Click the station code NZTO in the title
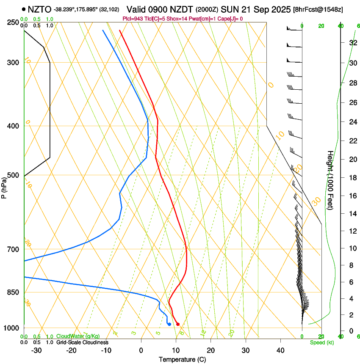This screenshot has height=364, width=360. coord(40,9)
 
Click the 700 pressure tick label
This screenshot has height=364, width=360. coord(13,249)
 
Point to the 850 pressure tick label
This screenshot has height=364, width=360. coord(13,292)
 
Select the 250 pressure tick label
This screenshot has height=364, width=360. coord(13,22)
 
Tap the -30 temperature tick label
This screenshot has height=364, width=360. coord(36,350)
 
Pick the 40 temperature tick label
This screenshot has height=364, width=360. coord(280,350)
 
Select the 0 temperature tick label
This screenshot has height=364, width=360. coord(141,350)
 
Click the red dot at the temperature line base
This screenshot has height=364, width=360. coord(178,324)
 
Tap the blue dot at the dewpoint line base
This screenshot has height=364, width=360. coord(169,324)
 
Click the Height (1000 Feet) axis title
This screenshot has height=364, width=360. coord(330,180)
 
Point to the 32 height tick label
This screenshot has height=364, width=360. coord(352,43)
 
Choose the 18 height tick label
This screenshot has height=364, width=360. coord(352,178)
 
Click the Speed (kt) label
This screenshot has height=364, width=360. coord(321,342)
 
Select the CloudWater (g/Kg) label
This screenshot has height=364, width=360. coord(78,336)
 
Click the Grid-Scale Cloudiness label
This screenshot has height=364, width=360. coord(82,342)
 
